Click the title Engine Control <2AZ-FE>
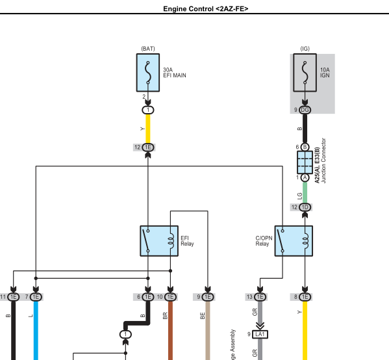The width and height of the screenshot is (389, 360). (206, 9)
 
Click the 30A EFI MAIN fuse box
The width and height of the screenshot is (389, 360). (148, 73)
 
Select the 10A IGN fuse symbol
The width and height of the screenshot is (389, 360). (305, 73)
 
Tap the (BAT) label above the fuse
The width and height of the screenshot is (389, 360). (148, 49)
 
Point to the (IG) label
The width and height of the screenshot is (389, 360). (305, 49)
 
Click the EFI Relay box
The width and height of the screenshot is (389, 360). (159, 241)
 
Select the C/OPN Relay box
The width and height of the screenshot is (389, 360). (294, 241)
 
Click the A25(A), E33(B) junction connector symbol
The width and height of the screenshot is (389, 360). (305, 162)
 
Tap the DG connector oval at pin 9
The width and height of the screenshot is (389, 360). (305, 110)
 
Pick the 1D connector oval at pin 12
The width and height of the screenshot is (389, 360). (305, 207)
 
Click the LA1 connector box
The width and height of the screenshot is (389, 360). (260, 335)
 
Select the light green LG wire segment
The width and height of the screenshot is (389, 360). (305, 192)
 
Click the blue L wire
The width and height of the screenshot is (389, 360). (36, 331)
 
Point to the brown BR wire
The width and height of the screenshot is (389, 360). (170, 331)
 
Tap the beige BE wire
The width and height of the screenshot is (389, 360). (208, 331)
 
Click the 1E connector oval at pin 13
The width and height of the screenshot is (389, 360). (260, 297)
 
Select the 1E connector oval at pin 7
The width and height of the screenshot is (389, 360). (36, 297)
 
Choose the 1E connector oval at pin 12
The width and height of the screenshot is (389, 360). (148, 148)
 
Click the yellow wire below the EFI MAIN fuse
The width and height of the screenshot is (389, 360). (148, 129)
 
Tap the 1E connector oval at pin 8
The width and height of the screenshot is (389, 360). (305, 297)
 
